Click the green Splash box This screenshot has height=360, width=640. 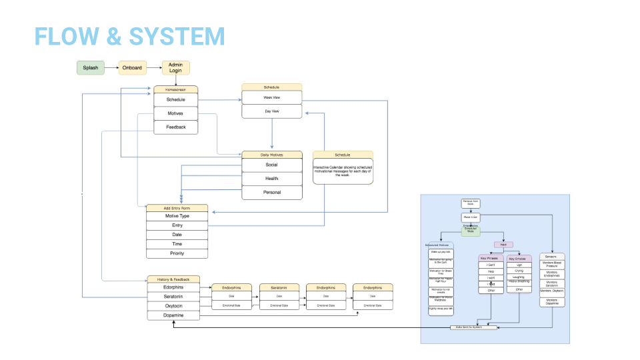click(x=90, y=67)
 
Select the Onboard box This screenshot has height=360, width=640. click(x=132, y=67)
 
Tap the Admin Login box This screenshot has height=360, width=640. click(x=176, y=67)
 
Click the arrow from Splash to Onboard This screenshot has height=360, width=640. click(x=111, y=67)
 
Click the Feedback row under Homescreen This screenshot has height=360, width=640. click(x=176, y=127)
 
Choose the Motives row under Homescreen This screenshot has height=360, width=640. click(x=176, y=113)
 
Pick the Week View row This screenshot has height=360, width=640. click(x=271, y=97)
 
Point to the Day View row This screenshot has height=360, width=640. click(x=271, y=111)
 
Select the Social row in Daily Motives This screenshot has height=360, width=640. click(x=271, y=165)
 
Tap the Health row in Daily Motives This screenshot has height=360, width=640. click(x=271, y=179)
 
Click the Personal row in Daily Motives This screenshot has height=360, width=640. click(x=271, y=192)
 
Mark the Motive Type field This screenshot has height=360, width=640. click(x=177, y=216)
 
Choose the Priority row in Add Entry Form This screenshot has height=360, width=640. click(x=177, y=253)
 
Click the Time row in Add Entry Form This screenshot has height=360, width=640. click(x=177, y=244)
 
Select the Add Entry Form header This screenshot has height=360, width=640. click(x=177, y=208)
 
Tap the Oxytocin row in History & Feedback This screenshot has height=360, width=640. click(x=173, y=306)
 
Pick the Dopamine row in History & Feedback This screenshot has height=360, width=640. click(x=173, y=315)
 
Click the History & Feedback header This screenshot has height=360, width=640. click(x=173, y=279)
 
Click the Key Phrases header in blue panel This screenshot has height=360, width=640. click(x=491, y=258)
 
